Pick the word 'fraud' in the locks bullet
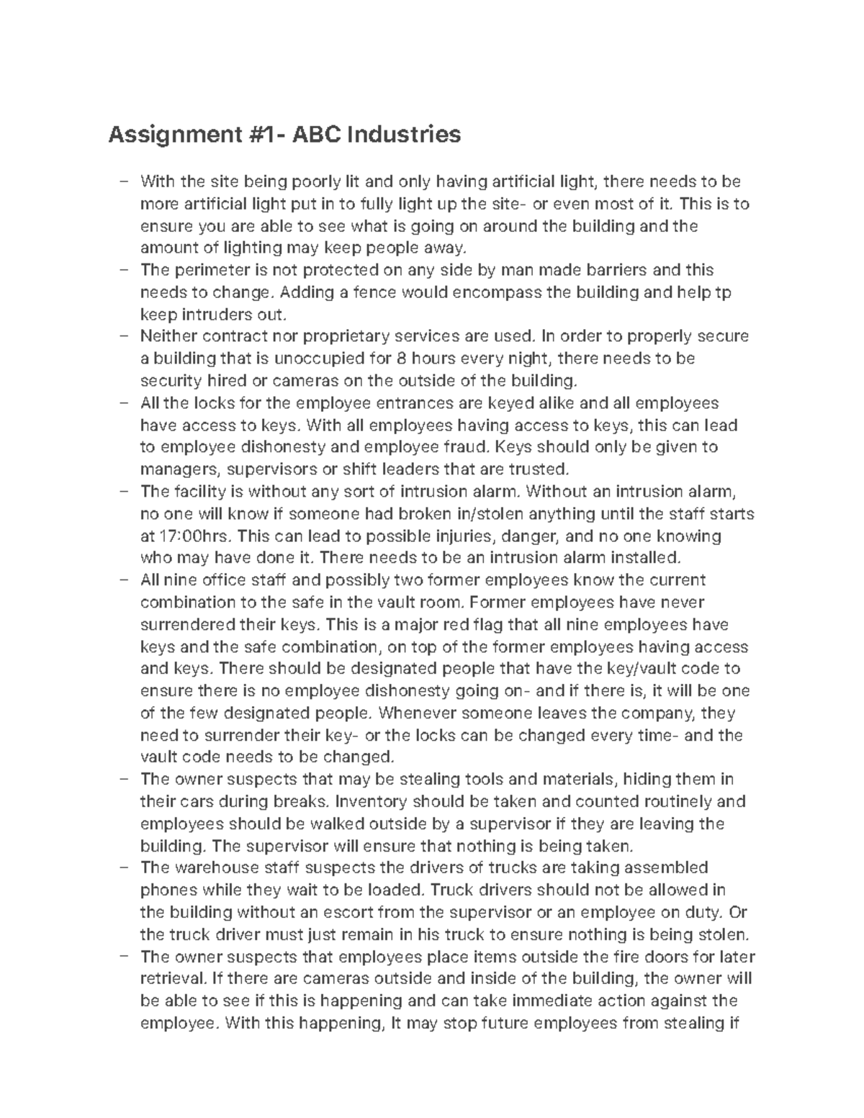469,447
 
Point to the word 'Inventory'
372,801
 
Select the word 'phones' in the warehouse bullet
166,890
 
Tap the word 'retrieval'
174,979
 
